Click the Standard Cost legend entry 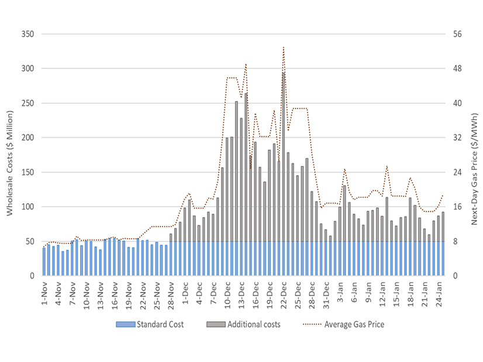(159, 325)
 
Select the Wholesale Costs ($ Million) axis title (10, 155)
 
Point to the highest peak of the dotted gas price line (284, 47)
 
